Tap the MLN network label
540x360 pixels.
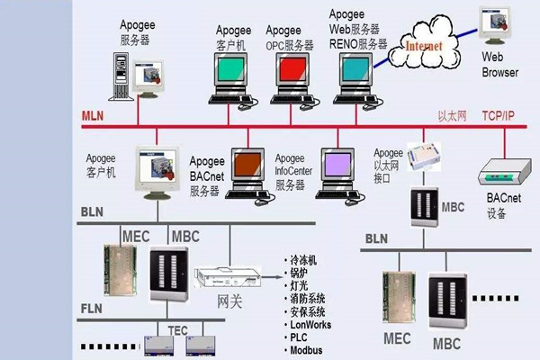coord(93,117)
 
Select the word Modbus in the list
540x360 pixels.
coord(306,349)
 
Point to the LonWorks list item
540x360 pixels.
coord(311,324)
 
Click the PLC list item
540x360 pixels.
coord(298,337)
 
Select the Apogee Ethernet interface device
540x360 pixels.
coord(420,159)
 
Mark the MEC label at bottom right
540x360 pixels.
coord(397,339)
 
